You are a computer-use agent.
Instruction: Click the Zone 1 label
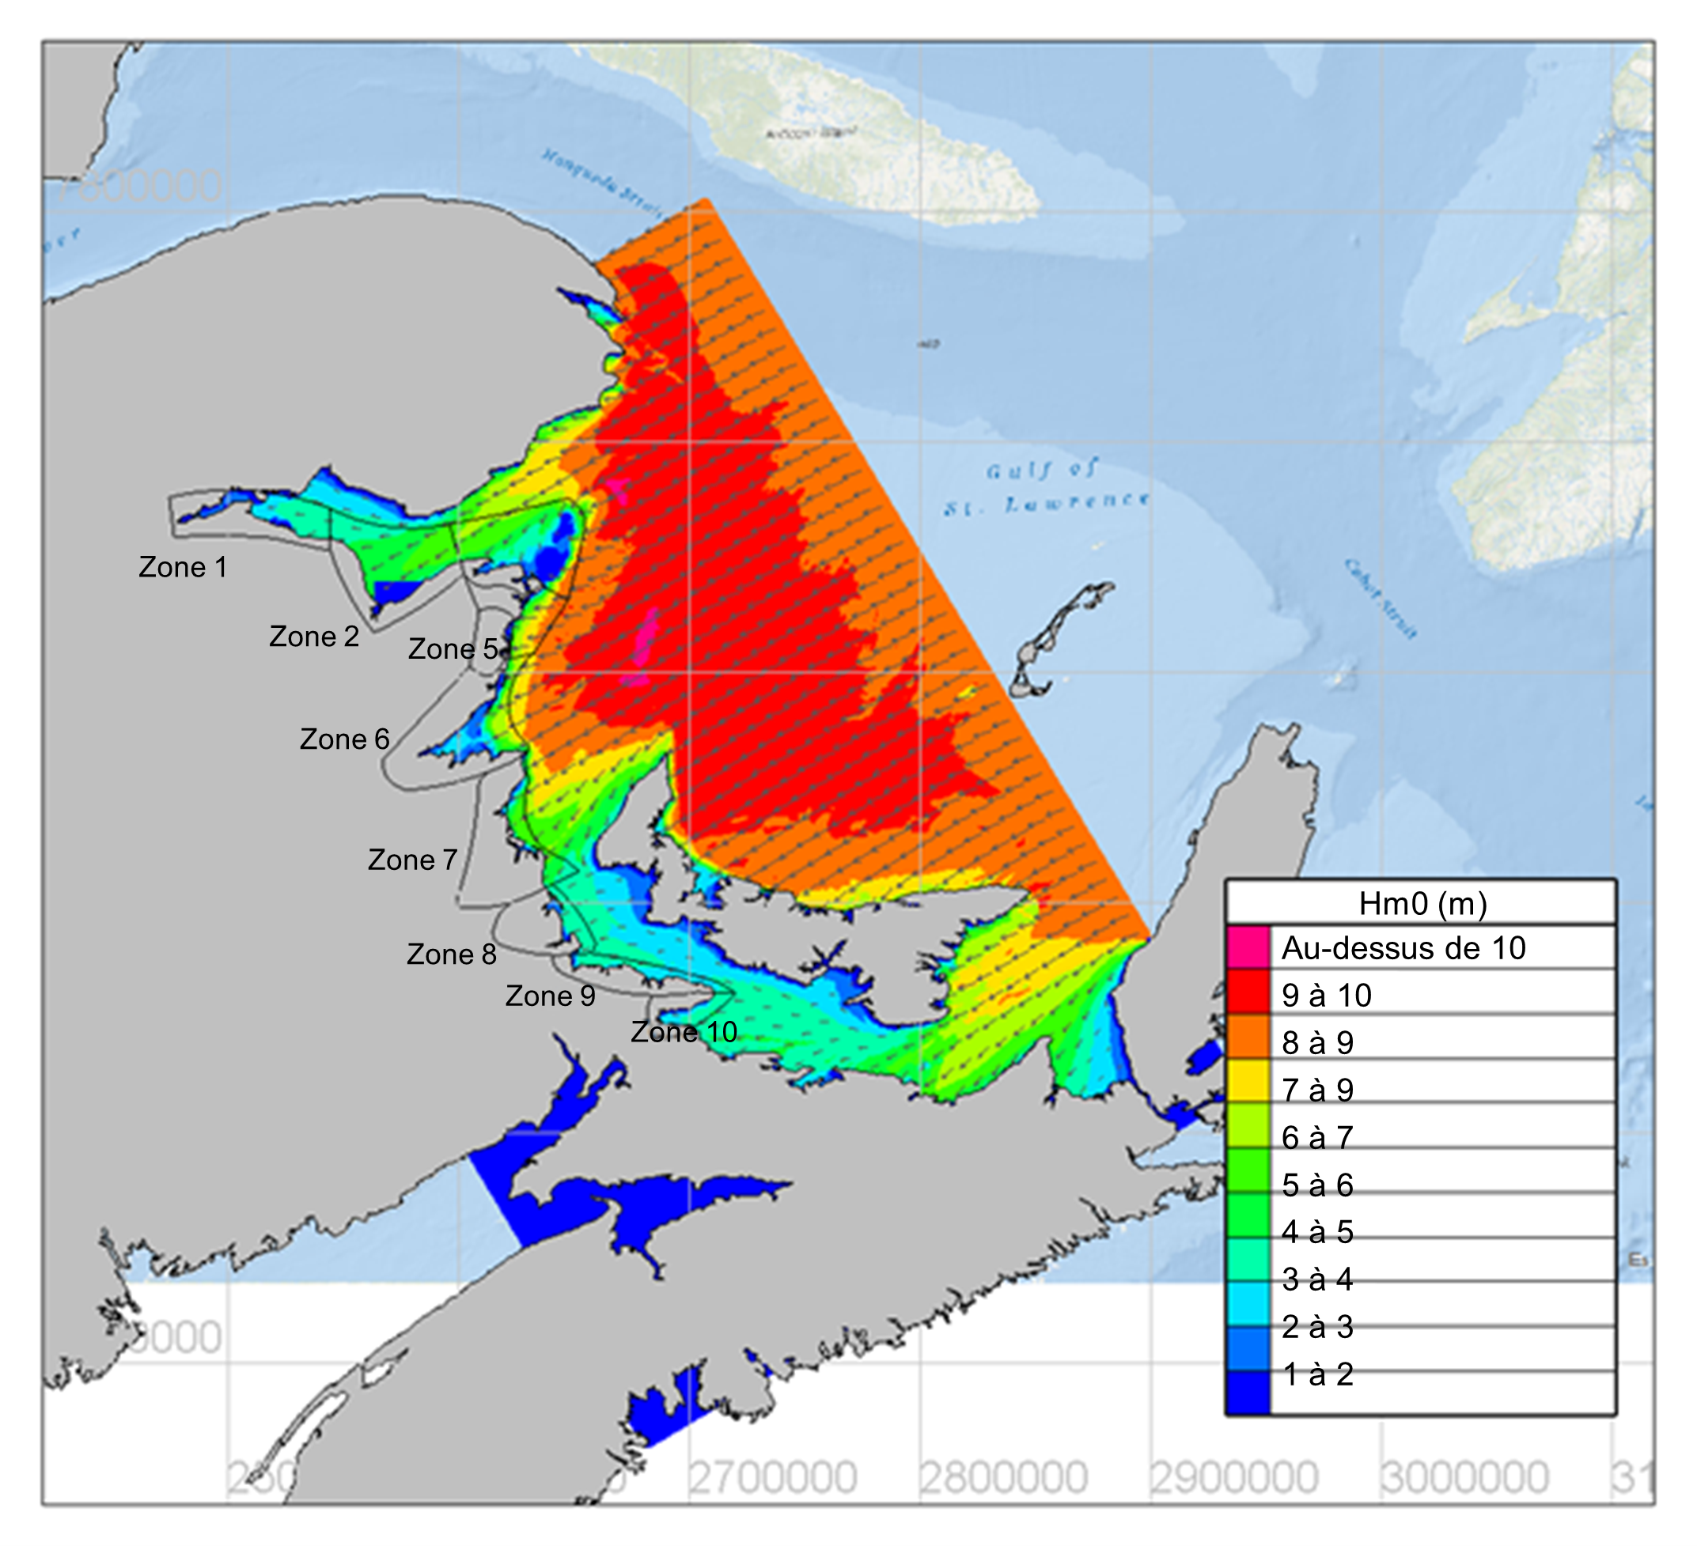(183, 567)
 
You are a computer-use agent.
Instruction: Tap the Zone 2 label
(314, 637)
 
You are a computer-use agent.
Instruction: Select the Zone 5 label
(453, 649)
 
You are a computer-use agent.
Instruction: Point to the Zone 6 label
(344, 739)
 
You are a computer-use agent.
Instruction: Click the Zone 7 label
(412, 860)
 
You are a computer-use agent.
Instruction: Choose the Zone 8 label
(451, 954)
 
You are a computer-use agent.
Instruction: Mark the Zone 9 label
(550, 996)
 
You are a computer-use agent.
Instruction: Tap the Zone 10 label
(684, 1032)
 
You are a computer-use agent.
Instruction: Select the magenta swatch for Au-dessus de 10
(1248, 947)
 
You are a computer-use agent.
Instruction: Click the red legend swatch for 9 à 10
(1248, 995)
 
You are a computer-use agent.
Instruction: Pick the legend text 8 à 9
(1317, 1043)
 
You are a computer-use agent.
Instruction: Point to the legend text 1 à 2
(1317, 1374)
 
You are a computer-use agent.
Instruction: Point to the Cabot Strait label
(1381, 599)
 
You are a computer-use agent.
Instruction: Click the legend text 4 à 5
(1317, 1232)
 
